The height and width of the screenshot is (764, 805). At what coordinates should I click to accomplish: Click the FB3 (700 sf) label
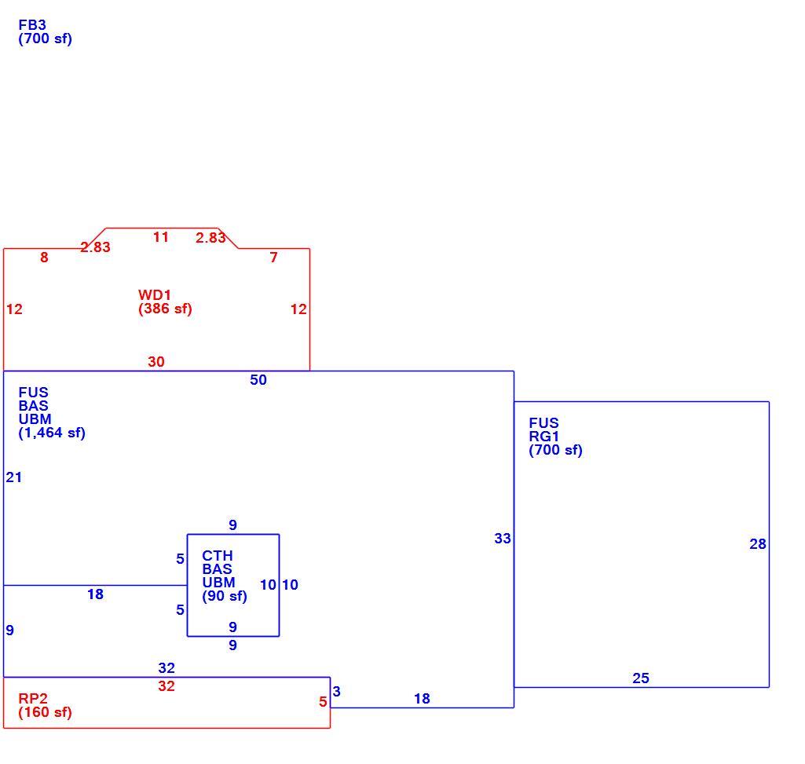(46, 32)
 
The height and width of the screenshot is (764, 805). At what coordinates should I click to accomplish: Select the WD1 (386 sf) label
(165, 302)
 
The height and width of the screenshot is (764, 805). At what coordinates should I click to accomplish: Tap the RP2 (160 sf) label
(46, 705)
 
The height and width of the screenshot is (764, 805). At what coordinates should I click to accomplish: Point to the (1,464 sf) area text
(52, 433)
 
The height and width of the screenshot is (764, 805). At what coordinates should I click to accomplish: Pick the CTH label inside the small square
(218, 556)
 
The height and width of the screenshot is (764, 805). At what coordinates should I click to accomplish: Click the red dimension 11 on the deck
(161, 237)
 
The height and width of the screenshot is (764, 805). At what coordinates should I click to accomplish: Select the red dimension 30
(156, 362)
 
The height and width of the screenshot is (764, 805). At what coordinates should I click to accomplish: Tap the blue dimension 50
(258, 380)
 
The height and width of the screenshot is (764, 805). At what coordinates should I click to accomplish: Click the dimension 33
(503, 539)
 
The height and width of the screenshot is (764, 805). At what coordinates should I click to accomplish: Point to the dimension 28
(758, 544)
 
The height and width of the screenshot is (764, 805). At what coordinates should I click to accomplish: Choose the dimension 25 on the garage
(641, 678)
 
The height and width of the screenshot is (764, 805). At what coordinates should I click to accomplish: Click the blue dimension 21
(14, 477)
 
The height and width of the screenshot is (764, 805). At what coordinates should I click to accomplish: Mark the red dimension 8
(44, 258)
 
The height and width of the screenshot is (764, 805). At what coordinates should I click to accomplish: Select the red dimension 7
(273, 258)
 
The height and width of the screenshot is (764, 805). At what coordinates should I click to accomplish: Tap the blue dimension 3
(336, 692)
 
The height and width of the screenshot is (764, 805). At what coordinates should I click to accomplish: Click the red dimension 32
(166, 686)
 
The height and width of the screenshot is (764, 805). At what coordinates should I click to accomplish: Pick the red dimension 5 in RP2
(323, 702)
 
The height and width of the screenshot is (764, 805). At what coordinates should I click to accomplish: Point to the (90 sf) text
(225, 596)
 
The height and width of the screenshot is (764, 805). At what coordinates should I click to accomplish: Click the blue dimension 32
(166, 668)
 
